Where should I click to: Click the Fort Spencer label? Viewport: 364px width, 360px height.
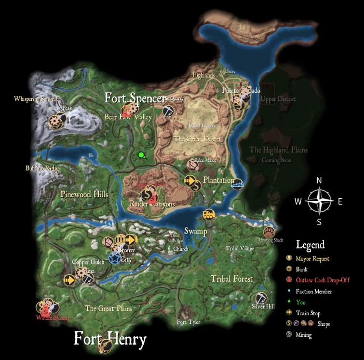(135, 98)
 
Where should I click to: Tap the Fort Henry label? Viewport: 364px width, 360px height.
(110, 339)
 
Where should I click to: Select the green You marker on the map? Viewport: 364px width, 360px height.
(141, 155)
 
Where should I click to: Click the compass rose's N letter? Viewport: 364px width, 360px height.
(319, 180)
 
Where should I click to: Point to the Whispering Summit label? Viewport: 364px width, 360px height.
(36, 99)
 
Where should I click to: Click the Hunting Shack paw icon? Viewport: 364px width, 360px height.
(269, 232)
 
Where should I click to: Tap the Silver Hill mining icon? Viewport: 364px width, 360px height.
(260, 297)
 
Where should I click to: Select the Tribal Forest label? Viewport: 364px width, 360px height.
(232, 279)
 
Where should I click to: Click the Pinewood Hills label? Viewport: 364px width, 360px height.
(84, 194)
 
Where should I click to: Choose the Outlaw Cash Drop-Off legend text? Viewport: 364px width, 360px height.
(323, 280)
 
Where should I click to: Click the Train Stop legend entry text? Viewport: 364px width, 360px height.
(308, 313)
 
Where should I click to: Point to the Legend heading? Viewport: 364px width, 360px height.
(310, 245)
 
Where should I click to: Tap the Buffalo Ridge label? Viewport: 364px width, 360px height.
(43, 168)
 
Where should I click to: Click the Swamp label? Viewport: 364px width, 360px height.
(195, 231)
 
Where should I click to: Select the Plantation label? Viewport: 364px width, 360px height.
(218, 180)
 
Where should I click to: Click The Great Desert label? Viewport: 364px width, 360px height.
(198, 139)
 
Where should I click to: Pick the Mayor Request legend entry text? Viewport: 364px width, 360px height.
(312, 259)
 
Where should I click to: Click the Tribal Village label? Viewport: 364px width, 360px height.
(240, 249)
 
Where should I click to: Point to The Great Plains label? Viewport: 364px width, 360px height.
(108, 309)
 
